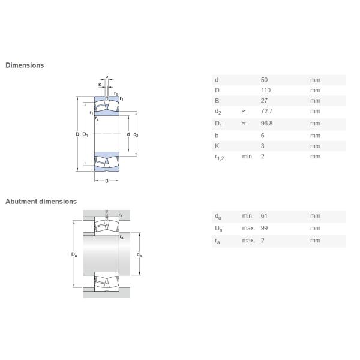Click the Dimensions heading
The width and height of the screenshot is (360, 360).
click(25, 65)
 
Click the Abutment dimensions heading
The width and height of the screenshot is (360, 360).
click(41, 202)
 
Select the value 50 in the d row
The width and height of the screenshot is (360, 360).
click(264, 80)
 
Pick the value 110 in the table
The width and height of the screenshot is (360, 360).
click(266, 90)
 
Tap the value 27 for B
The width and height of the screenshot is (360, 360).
click(264, 101)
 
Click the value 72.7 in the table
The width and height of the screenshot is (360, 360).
click(266, 111)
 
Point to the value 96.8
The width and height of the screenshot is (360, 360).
click(266, 123)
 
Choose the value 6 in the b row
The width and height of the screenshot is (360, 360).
click(262, 136)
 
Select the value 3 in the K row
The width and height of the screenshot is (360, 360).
click(262, 146)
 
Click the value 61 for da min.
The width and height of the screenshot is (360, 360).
click(264, 216)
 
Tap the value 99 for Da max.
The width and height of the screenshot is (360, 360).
click(264, 228)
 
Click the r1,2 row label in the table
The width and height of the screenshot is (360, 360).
click(219, 157)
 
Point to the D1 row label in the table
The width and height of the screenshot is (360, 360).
click(218, 124)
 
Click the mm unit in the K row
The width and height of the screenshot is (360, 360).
click(315, 146)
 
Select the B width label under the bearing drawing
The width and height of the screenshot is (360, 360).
click(107, 181)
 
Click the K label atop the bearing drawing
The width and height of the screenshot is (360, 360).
click(100, 85)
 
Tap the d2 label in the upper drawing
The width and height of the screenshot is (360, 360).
click(136, 135)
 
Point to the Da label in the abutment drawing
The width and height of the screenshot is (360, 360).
click(74, 254)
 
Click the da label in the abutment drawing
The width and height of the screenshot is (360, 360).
click(139, 254)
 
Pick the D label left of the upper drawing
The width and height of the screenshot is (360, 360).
click(77, 134)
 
